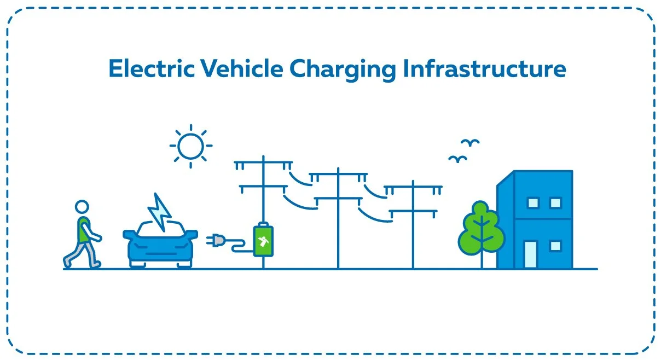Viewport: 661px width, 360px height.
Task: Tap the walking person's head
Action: point(82,207)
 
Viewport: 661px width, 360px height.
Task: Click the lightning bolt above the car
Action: point(160,212)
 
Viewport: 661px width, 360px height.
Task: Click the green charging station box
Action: point(263,241)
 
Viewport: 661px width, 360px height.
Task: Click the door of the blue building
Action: point(530,254)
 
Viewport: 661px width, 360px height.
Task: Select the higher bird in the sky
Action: point(469,142)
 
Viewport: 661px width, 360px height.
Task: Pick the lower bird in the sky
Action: point(456,159)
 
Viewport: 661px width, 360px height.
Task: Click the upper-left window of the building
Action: point(532,203)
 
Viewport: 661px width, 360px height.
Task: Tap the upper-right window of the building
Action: point(555,203)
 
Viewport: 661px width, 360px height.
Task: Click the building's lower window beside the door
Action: point(555,246)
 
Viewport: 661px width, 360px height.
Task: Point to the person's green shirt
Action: point(84,229)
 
